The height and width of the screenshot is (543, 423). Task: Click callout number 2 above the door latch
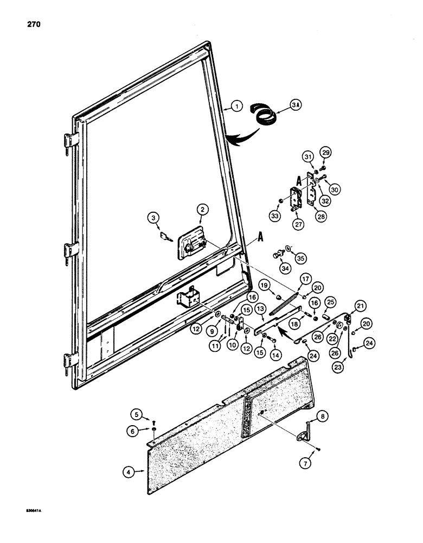201,209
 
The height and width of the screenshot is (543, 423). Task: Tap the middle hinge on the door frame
68,250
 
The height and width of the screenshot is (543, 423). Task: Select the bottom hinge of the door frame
68,361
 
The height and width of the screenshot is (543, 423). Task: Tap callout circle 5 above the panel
138,416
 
